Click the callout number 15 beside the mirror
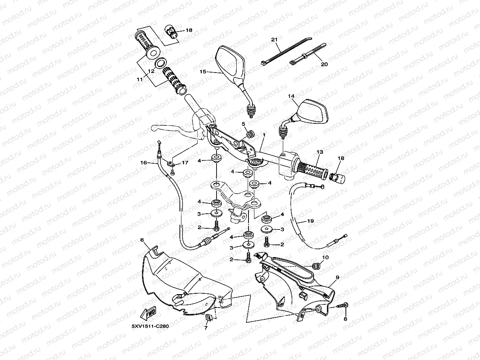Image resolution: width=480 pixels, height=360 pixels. pos(203,72)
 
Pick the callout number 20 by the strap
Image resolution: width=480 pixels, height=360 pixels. pos(324,64)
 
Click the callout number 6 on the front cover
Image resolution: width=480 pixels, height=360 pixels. pos(142,240)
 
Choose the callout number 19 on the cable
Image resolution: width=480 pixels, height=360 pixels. pos(310,221)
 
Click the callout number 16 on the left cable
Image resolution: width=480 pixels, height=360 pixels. pos(143,162)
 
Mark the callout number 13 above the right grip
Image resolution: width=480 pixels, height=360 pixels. pos(319,152)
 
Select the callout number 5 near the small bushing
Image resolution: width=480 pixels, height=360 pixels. pos(244,124)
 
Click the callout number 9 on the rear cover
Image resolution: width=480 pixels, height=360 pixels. pos(337,278)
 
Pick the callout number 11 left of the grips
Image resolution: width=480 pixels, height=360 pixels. pos(140,79)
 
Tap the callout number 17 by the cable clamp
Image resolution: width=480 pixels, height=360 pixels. pos(185,162)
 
